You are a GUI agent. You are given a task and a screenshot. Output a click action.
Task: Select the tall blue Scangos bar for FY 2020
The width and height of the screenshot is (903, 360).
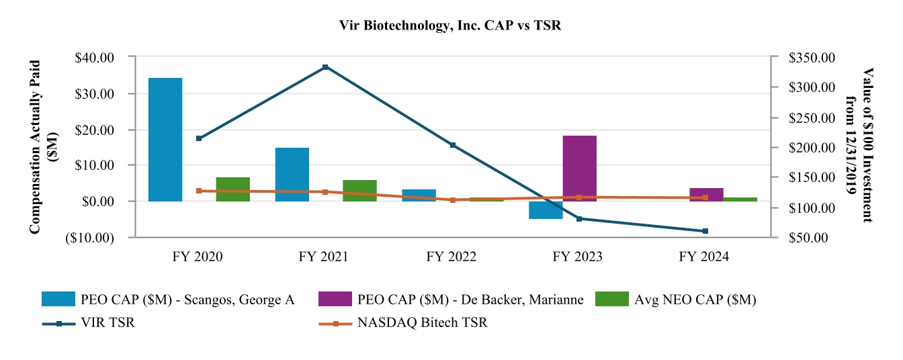point(165,140)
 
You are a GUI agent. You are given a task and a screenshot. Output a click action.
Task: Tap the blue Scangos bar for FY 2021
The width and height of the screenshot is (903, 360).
point(292,174)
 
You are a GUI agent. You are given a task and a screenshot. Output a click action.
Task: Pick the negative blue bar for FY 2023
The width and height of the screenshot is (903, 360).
point(545,210)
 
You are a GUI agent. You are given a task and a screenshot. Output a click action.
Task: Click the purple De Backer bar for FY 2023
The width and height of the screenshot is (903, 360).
point(579,168)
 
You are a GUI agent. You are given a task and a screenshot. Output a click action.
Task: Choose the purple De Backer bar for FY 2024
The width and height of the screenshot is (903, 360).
point(706,194)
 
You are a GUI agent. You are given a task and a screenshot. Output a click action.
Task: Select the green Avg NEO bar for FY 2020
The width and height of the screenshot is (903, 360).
point(232,189)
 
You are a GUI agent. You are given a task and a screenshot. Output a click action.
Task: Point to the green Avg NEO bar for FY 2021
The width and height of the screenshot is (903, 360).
point(359,190)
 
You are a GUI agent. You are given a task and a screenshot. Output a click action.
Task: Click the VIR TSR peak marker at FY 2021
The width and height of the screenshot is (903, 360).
point(325,67)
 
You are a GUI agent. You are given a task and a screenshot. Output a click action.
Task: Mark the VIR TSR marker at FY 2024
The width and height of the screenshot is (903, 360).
point(705,231)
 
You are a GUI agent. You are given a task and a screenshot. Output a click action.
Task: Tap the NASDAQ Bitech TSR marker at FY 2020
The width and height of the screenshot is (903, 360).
point(199,191)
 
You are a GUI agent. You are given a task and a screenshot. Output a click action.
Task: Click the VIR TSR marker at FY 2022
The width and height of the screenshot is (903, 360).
point(452,145)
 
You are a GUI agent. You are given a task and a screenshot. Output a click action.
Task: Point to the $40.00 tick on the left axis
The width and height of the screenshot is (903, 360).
point(95,58)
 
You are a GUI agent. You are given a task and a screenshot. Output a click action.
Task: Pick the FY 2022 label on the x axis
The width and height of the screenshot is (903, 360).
point(452,257)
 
